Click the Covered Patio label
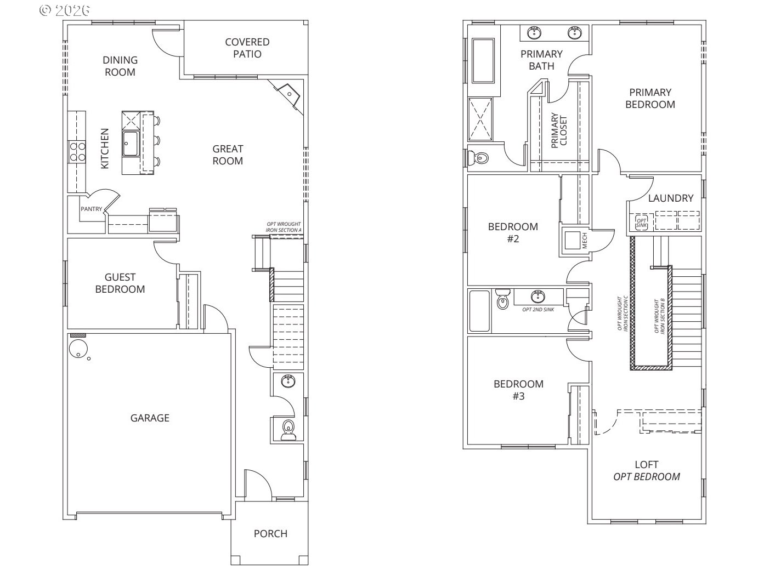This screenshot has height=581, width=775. click(247, 48)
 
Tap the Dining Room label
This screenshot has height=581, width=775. click(120, 66)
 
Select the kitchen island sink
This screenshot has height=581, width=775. click(130, 144)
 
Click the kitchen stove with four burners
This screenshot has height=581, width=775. click(77, 151)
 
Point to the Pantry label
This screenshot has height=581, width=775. click(91, 209)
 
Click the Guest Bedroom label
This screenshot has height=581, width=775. click(120, 283)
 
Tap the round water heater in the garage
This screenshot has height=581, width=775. click(78, 348)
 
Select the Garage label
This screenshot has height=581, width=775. click(149, 418)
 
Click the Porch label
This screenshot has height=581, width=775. click(270, 533)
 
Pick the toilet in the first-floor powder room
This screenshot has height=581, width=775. click(288, 428)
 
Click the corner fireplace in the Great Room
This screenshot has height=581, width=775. click(288, 94)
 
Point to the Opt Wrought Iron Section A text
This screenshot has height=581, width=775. click(284, 227)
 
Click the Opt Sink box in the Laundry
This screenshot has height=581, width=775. click(641, 222)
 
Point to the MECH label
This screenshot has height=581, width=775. click(584, 240)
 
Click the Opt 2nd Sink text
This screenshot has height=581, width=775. click(538, 310)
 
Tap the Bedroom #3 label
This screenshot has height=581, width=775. click(518, 390)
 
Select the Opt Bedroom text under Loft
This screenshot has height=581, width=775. click(646, 476)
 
